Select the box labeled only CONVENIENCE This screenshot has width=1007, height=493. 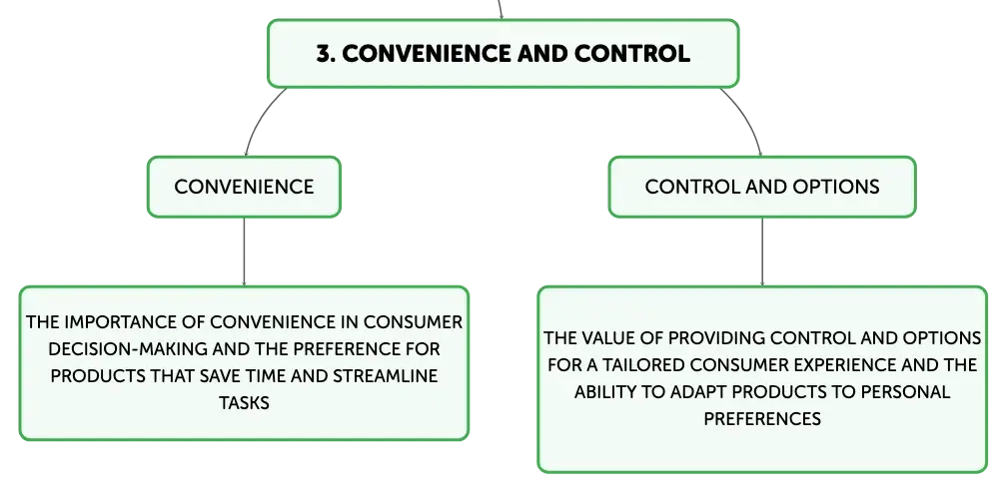[244, 187]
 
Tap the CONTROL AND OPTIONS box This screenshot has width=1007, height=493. [762, 187]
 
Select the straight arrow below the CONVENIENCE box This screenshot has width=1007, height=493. [244, 251]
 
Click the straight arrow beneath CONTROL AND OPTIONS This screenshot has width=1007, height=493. [762, 251]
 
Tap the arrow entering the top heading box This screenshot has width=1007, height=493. [500, 10]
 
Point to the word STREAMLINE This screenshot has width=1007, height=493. [385, 376]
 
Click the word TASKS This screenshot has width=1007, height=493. [244, 403]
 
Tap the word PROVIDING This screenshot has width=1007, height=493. [716, 337]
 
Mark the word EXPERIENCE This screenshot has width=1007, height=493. [851, 364]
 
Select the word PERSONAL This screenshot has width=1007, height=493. [902, 391]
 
